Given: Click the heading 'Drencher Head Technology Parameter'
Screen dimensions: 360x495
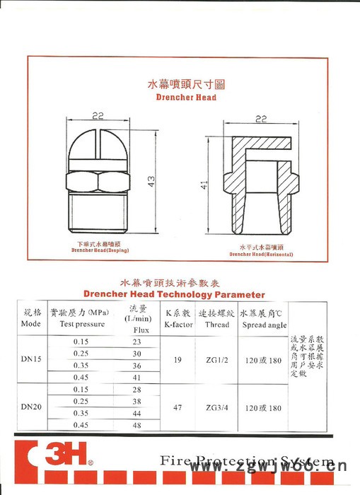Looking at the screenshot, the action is pos(174,294).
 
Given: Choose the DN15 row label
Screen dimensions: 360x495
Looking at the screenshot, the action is pos(33,359).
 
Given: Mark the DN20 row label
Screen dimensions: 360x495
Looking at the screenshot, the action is pos(33,409).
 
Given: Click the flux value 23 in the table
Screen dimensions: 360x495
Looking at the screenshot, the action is pos(137,342).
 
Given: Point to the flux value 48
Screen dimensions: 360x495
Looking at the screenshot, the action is pos(137,425).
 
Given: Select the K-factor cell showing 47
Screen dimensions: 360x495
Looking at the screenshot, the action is pos(178,409).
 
